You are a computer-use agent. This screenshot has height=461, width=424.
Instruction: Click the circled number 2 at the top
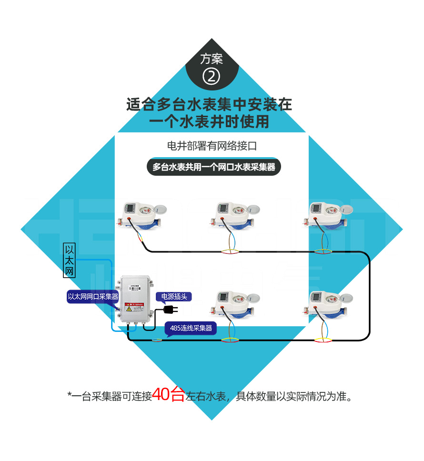tap(212, 76)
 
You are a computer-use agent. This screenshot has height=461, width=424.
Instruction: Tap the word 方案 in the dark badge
tap(212, 59)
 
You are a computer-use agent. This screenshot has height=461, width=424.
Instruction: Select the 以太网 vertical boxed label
tap(70, 260)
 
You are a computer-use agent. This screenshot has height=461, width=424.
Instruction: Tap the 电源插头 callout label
tap(174, 297)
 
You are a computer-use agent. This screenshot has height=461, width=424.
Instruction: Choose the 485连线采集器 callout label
tap(191, 328)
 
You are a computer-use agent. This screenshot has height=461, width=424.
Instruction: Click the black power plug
tap(168, 310)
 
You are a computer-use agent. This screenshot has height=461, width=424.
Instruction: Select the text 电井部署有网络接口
tap(212, 146)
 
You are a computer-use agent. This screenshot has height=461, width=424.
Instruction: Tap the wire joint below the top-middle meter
tap(230, 251)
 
